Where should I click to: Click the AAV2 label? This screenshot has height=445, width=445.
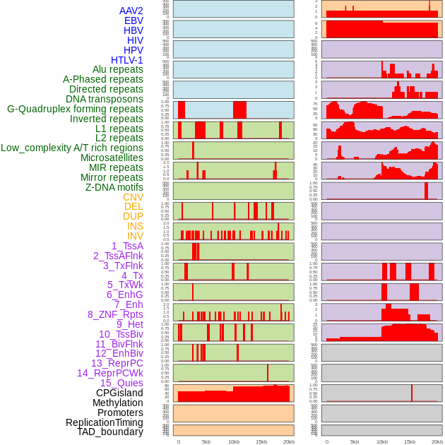pos(131,11)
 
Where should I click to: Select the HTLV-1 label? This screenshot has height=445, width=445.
pos(127,60)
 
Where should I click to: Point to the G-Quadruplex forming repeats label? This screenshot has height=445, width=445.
pos(75,109)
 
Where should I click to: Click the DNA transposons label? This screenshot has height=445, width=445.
pos(105,100)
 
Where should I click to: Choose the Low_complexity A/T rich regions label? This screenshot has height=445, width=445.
pos(72,148)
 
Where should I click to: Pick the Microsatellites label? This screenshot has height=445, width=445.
pos(112,158)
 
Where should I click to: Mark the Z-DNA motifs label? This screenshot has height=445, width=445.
pos(114,187)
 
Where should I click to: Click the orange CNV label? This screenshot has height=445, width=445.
pos(133,197)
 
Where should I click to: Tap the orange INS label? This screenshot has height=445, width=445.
pos(135,226)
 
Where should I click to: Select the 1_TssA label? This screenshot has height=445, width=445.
pos(127,246)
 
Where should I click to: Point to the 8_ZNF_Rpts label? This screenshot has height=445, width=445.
pos(115,314)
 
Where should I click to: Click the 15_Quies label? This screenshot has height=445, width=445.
pos(121,383)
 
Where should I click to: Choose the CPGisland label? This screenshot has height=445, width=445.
pos(119,393)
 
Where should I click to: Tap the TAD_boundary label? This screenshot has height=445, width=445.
pos(109,432)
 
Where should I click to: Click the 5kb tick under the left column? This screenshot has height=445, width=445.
pos(206,441)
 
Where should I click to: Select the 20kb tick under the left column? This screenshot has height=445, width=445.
pos(289,441)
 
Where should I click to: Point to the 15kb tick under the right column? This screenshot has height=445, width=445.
pos(410,441)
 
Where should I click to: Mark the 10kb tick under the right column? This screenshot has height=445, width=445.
pos(382,441)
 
